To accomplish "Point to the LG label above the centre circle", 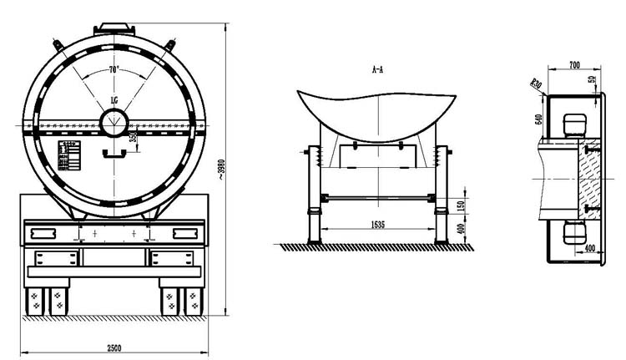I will (x=114, y=101).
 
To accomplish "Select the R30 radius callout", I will (x=536, y=83).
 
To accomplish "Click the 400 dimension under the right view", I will (x=590, y=248).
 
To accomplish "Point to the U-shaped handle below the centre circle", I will (x=114, y=155).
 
